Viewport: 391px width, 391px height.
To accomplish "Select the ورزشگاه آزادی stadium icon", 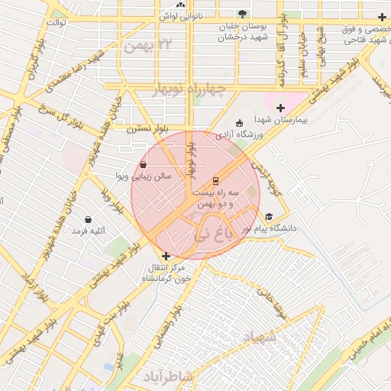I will pos(239,124).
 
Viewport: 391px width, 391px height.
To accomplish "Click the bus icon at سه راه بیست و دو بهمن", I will pos(216,182).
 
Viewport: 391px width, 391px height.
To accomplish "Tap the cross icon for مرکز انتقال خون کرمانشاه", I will pos(166,255).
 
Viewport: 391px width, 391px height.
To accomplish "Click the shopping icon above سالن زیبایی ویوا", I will pos(144,164).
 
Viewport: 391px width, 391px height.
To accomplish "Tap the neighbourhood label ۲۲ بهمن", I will pos(143,47).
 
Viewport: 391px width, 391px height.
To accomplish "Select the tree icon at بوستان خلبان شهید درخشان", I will pos(243,14).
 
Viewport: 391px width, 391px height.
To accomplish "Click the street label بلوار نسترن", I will pos(146,130).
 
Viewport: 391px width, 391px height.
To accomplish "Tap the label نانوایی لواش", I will pos(178,16).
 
